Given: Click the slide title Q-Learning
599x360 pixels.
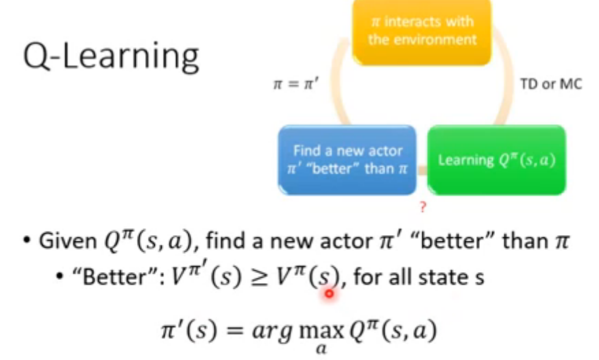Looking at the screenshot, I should click(x=110, y=56).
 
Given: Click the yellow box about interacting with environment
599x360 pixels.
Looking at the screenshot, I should click(x=421, y=32).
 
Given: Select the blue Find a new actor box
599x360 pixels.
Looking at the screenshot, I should click(x=347, y=159).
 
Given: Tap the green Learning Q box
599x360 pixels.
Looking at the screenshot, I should click(x=497, y=160).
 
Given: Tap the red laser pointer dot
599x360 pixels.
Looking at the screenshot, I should click(x=329, y=293).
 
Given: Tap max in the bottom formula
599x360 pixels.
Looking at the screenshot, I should click(x=313, y=330).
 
